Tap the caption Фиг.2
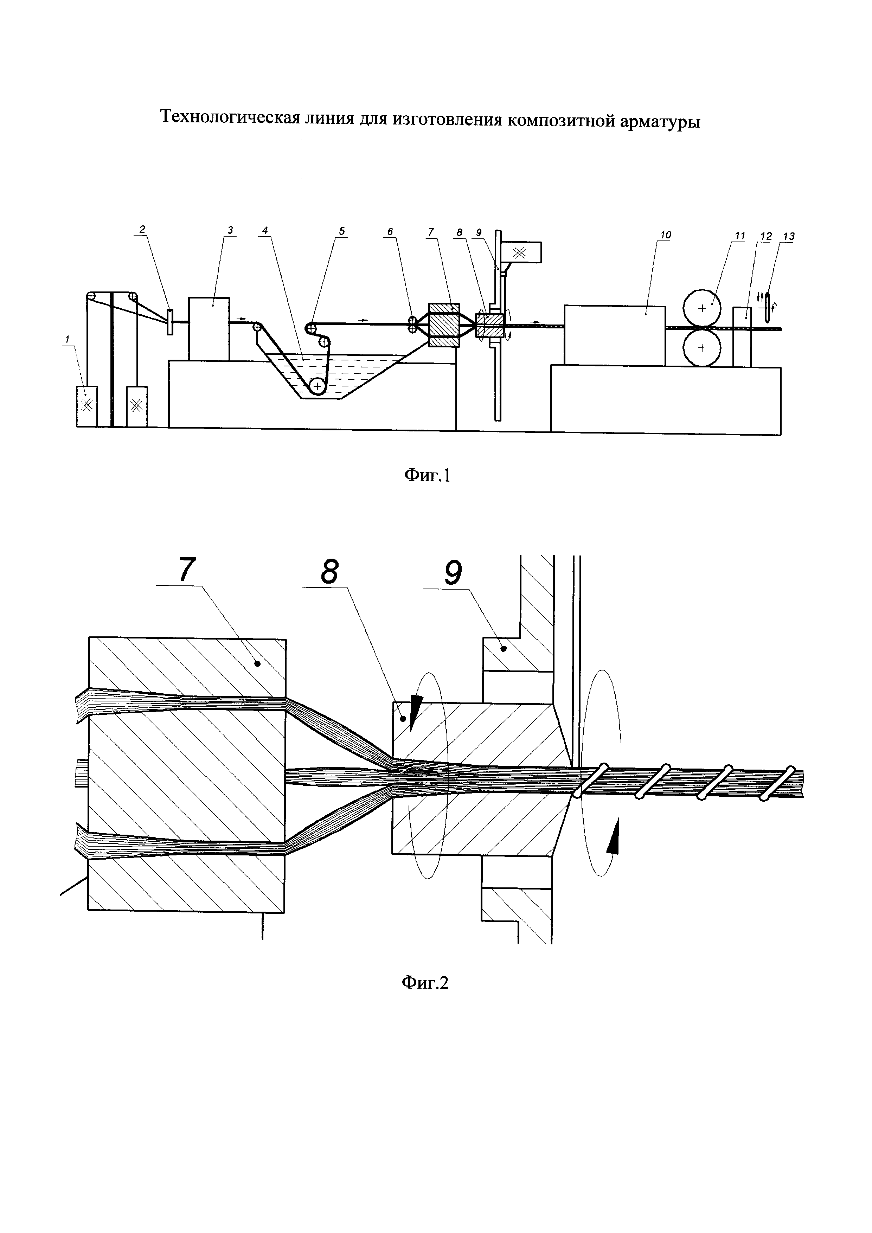(x=425, y=982)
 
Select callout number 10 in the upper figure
(x=666, y=235)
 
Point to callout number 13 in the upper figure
(x=789, y=236)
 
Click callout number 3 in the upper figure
(x=230, y=230)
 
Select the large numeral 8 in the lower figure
(x=329, y=571)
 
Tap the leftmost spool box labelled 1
(x=86, y=406)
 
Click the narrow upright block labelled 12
(x=742, y=337)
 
